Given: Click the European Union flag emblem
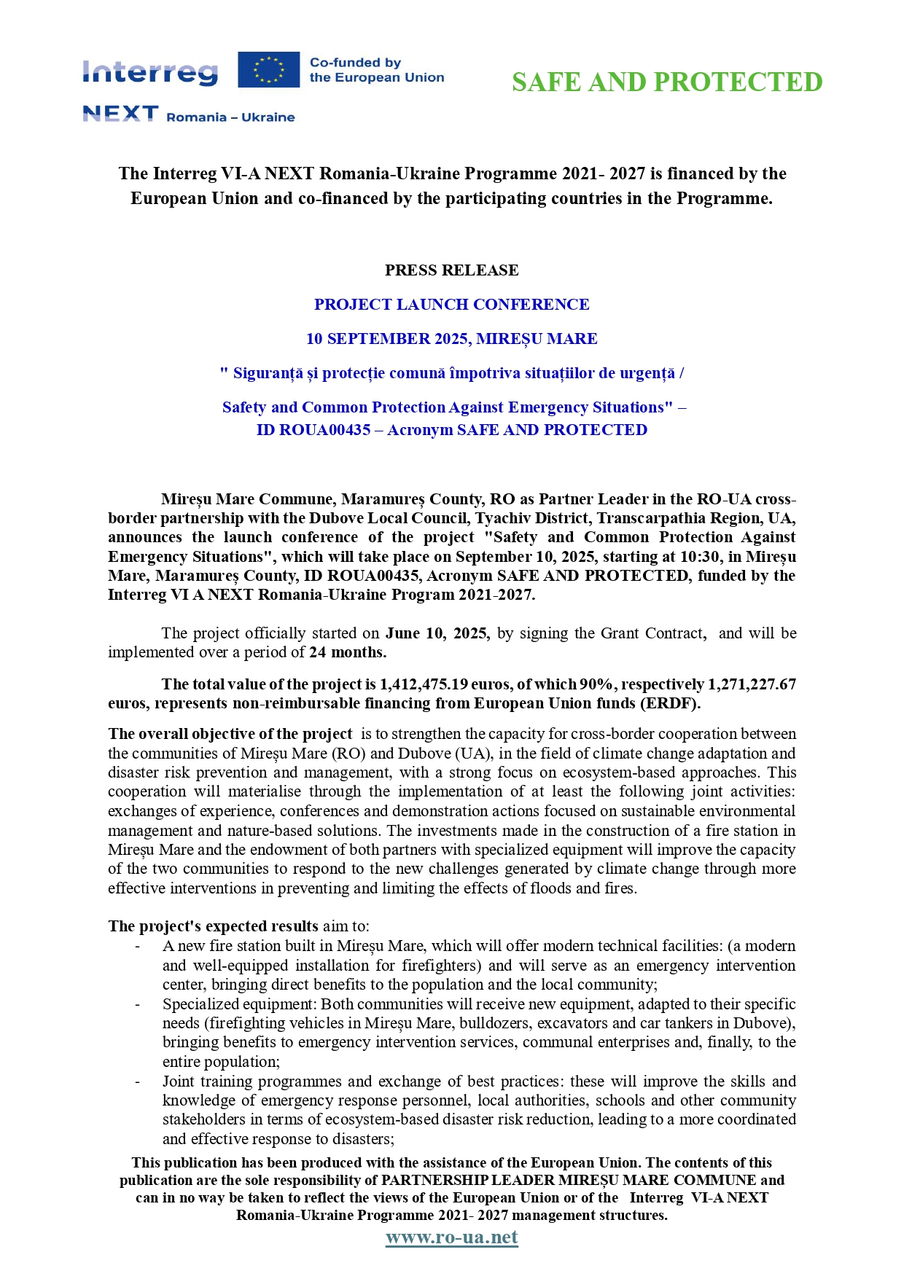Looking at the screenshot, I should (268, 70).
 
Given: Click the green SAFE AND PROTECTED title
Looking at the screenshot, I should (667, 82).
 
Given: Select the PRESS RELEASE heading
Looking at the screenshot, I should (451, 270).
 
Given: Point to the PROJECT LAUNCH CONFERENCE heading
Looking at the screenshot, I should (451, 305).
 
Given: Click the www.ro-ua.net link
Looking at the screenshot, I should (451, 1237).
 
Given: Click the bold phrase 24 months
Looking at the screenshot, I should (348, 652).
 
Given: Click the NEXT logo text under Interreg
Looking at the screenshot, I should (120, 114).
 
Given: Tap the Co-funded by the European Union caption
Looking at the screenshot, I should (376, 70).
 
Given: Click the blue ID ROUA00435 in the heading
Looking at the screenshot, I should (313, 430).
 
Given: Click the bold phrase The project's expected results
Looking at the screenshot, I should (213, 926).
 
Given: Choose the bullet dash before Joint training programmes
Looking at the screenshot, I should (137, 1082).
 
